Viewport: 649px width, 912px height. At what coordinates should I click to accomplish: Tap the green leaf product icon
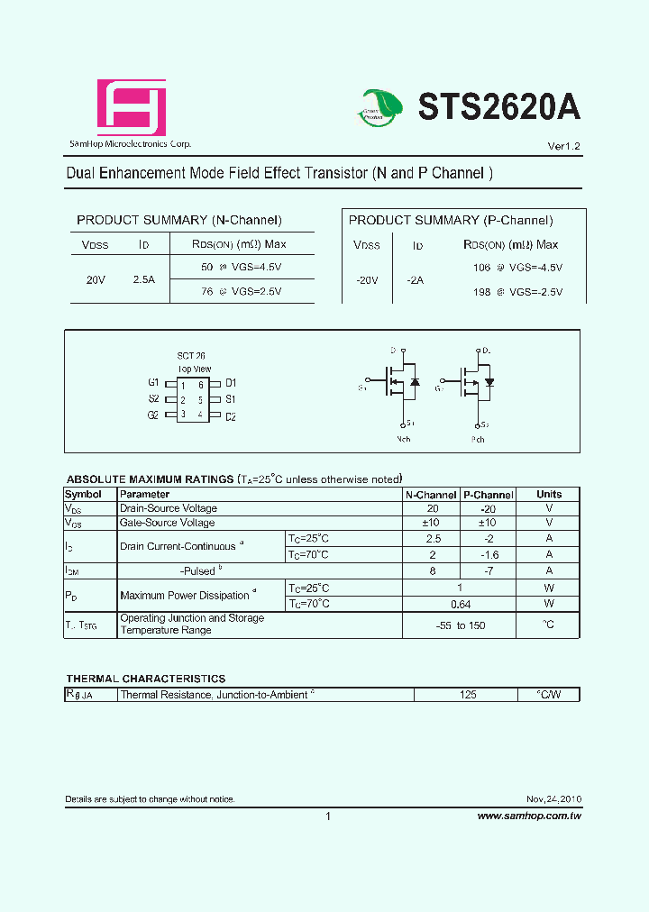(x=380, y=109)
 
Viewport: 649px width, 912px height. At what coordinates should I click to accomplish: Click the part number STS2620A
(x=498, y=108)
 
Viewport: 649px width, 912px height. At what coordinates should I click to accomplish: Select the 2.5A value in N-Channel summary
(x=143, y=280)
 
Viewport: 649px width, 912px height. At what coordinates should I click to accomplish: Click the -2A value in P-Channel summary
(x=415, y=280)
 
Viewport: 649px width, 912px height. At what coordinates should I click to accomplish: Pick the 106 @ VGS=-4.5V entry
(x=517, y=268)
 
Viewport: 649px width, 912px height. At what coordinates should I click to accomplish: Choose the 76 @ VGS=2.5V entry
(x=241, y=291)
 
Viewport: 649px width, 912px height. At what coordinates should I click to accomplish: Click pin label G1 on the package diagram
(x=153, y=383)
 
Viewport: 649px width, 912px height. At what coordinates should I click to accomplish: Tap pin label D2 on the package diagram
(x=231, y=416)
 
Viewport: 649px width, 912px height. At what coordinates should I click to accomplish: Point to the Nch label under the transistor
(x=404, y=440)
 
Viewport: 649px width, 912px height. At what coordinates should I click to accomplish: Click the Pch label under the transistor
(x=478, y=440)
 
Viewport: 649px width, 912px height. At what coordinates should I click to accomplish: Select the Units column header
(x=549, y=494)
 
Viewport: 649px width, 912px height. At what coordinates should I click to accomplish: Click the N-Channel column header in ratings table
(x=431, y=495)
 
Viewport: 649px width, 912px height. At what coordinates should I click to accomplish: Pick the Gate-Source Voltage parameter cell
(x=168, y=523)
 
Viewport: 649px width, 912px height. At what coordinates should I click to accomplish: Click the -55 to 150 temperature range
(x=460, y=625)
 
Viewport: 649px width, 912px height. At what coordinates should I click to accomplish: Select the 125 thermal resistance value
(x=465, y=695)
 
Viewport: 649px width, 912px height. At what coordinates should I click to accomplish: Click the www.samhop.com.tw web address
(x=529, y=816)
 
